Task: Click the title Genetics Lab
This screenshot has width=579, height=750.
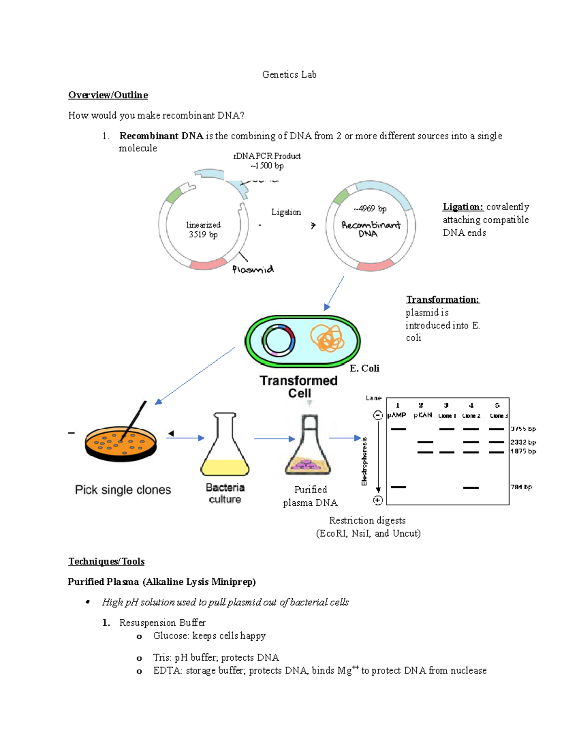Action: (289, 74)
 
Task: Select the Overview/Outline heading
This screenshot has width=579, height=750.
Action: (108, 95)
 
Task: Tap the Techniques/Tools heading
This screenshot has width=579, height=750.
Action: (106, 561)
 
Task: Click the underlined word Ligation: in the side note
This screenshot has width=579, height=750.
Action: (463, 207)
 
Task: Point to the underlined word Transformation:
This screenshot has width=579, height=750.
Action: (442, 299)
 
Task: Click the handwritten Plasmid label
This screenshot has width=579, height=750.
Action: (253, 269)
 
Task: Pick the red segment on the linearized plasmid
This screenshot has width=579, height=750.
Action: (208, 264)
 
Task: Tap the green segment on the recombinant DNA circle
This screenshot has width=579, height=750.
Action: (341, 197)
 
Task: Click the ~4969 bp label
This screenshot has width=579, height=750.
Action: (370, 209)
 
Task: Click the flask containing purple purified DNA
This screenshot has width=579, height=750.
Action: (309, 447)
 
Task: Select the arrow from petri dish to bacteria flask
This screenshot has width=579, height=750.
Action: (186, 438)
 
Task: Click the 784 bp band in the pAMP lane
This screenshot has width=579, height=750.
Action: (398, 487)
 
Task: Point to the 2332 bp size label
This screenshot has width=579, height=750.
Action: (523, 442)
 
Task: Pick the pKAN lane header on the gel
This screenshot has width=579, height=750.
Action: (423, 415)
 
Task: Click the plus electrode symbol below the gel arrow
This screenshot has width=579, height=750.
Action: (378, 500)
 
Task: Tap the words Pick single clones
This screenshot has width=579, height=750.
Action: (123, 490)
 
